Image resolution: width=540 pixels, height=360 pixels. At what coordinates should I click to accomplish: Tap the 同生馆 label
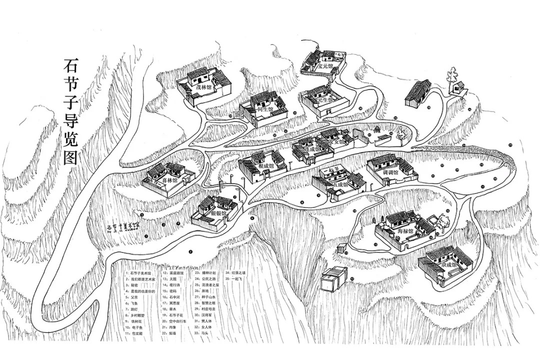pyautogui.click(x=265, y=109)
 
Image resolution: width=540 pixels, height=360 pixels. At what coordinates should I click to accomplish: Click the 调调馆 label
pyautogui.click(x=389, y=172)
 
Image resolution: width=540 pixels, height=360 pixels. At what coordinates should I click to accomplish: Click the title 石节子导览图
pyautogui.click(x=70, y=112)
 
